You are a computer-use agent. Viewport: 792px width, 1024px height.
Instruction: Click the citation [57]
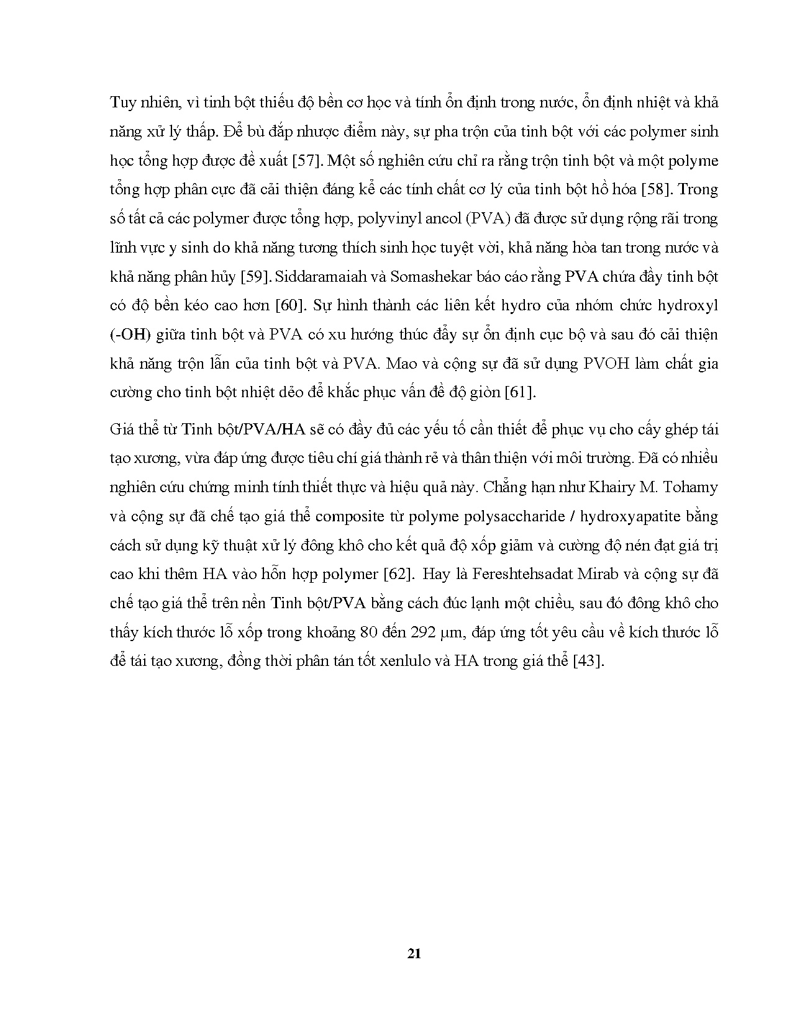pos(307,161)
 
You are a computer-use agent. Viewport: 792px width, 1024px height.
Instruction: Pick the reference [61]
pos(519,392)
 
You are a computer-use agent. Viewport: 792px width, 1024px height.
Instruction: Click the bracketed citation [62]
pos(396,574)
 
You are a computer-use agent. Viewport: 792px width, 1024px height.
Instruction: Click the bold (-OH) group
pos(130,335)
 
